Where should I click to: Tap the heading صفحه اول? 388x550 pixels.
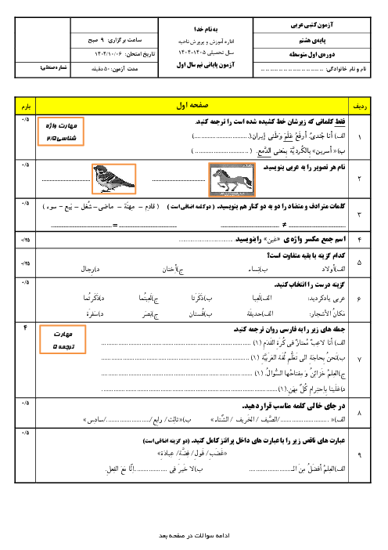click(x=194, y=103)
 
